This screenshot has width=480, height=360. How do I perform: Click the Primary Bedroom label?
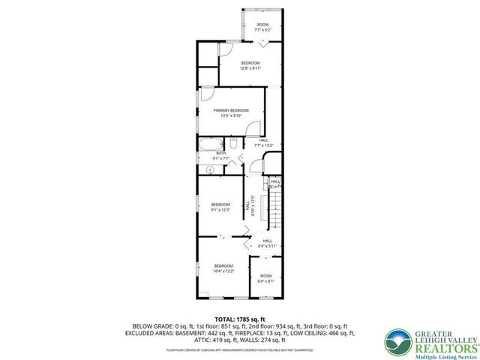click(x=230, y=113)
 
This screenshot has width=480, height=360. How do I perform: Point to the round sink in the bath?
click(x=211, y=170)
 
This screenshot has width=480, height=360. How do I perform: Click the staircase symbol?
click(x=276, y=203)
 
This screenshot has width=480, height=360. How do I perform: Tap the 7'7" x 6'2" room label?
click(x=262, y=27)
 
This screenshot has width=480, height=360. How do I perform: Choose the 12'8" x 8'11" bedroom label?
click(x=250, y=65)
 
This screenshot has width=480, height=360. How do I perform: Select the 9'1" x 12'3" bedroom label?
click(x=220, y=207)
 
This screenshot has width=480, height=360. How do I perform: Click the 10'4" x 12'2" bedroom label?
click(x=224, y=268)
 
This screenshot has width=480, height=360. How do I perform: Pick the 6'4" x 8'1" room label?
click(x=265, y=278)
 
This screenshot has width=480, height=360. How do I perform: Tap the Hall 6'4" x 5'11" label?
click(x=267, y=243)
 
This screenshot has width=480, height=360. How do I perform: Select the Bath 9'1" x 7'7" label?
click(x=220, y=156)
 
